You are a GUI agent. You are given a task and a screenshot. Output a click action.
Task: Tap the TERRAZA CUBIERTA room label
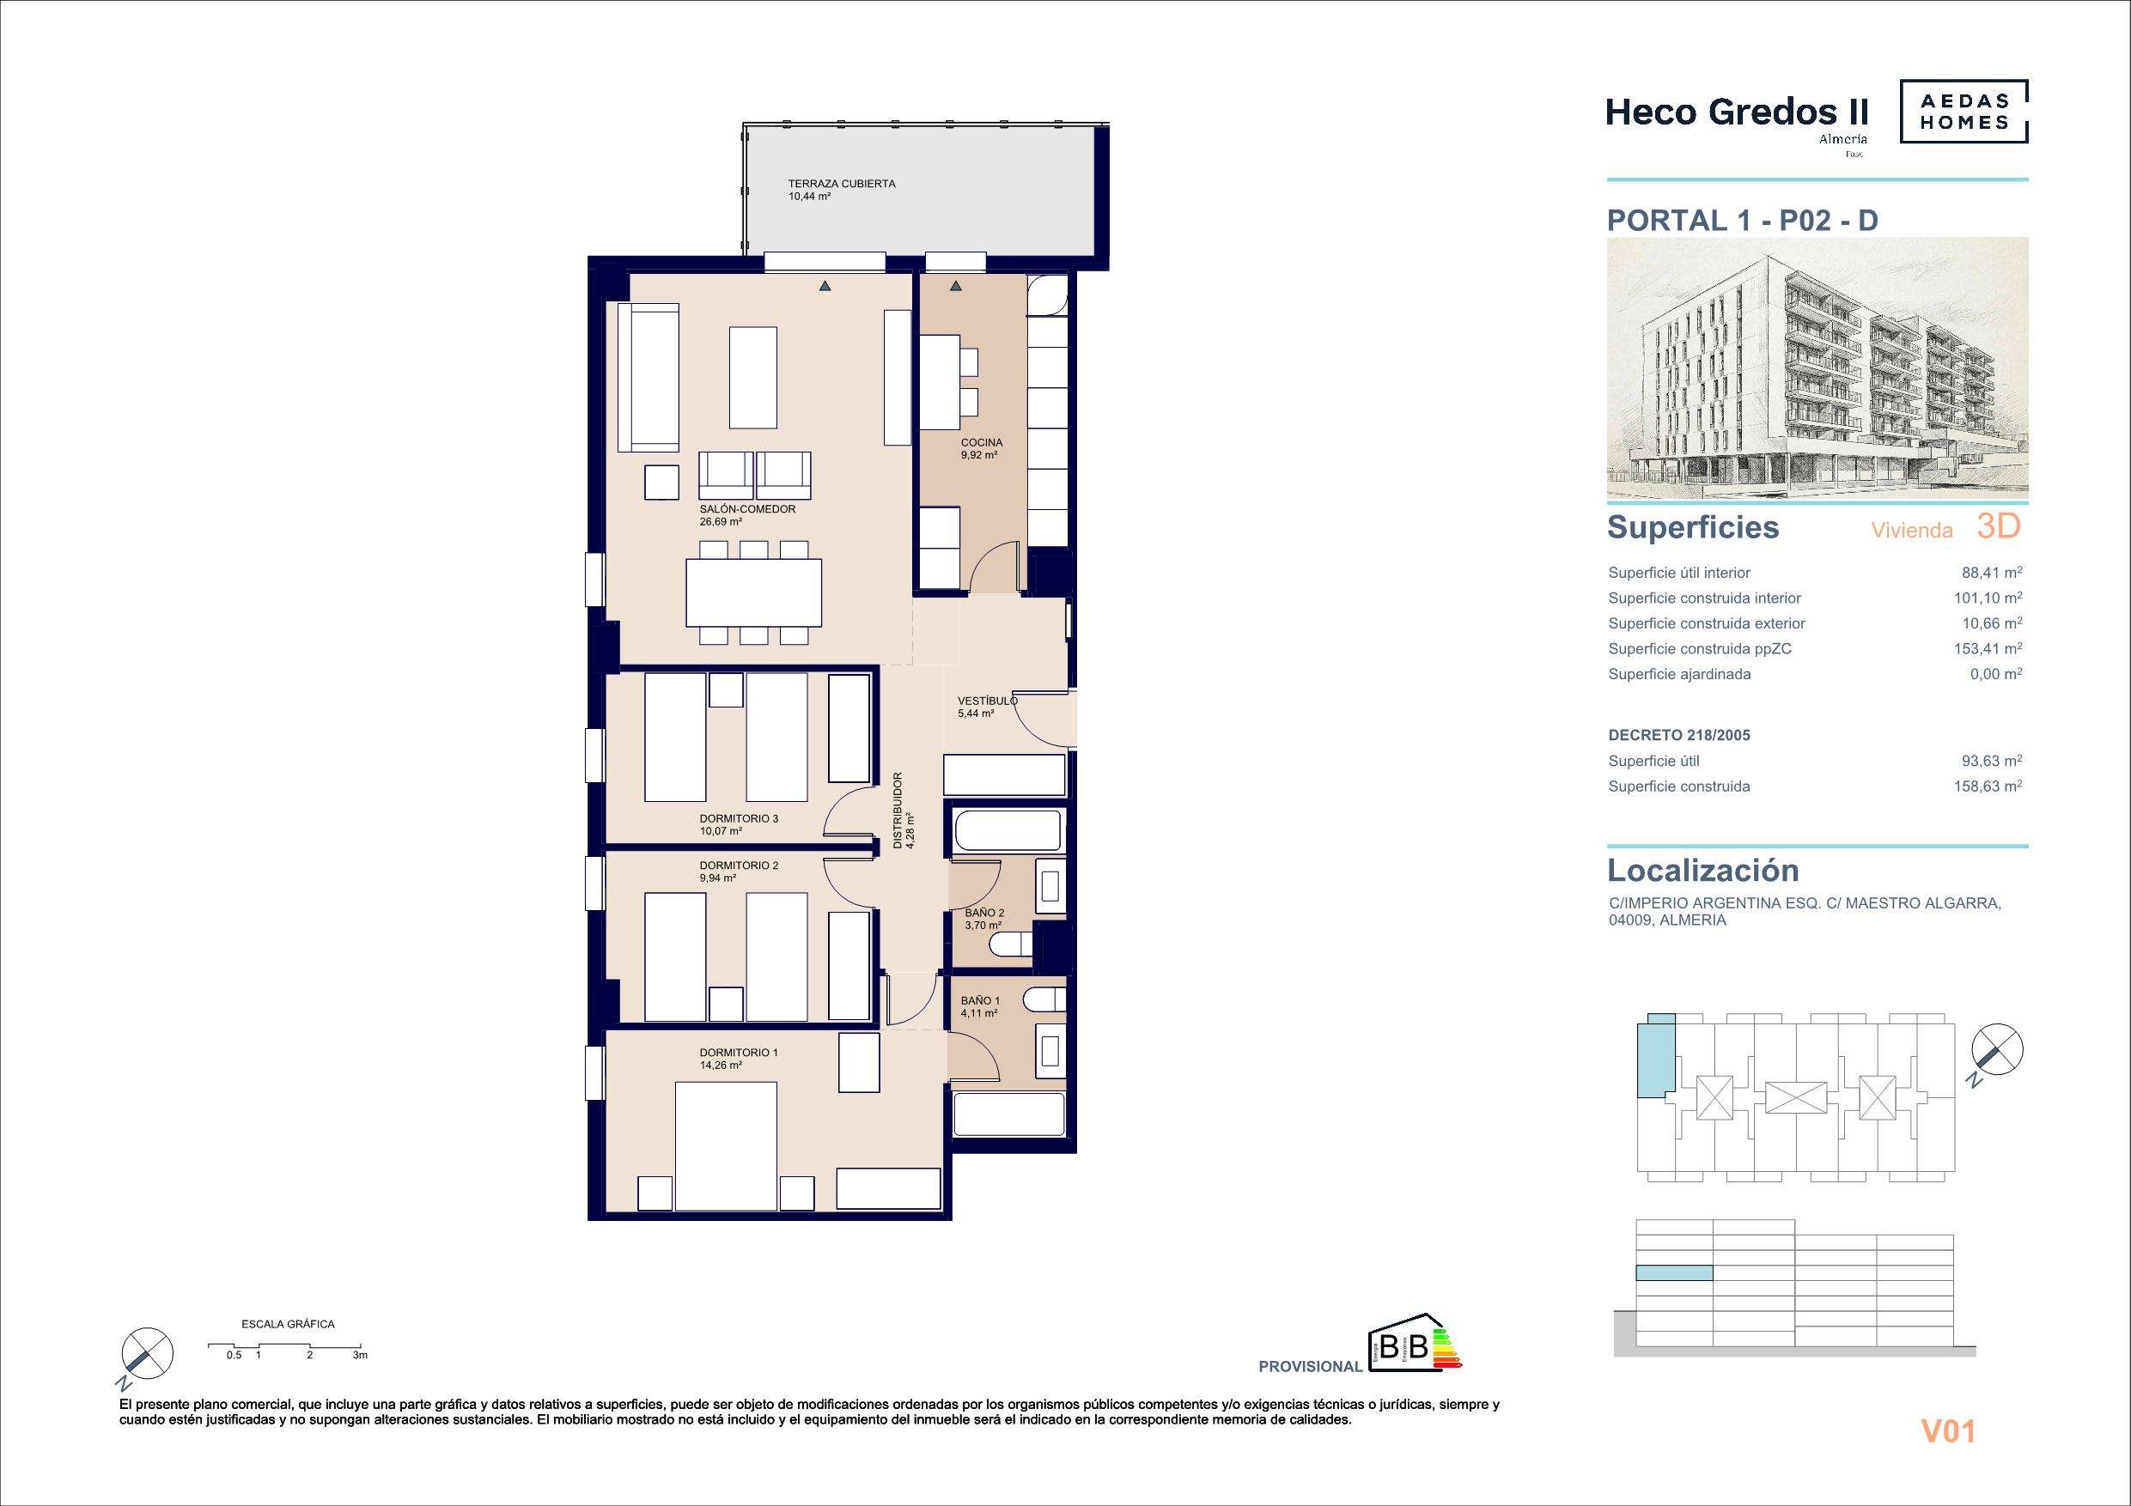(829, 184)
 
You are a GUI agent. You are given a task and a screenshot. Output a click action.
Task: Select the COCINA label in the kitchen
(982, 443)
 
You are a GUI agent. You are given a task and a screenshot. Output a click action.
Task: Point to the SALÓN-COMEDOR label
(747, 509)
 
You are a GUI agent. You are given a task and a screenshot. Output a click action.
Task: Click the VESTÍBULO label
(988, 701)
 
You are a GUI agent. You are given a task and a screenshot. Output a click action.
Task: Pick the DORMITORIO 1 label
(739, 1053)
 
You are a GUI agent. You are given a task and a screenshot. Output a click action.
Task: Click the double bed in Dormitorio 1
(725, 1148)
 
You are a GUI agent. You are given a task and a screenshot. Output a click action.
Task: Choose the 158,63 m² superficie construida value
(1994, 786)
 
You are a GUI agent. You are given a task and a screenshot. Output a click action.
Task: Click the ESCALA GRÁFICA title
(288, 1324)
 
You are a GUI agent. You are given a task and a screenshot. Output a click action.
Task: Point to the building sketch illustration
(1817, 368)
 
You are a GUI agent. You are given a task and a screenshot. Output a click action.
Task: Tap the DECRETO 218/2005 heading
(1679, 735)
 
